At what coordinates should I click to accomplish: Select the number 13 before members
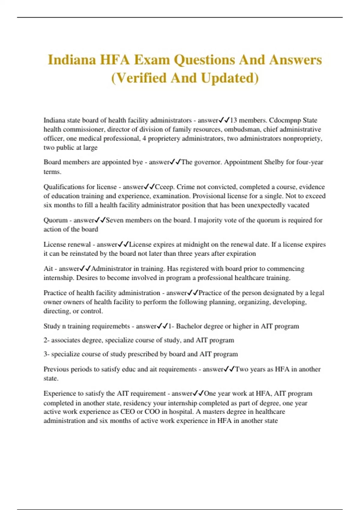click(x=233, y=120)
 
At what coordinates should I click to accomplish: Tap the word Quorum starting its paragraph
click(x=55, y=220)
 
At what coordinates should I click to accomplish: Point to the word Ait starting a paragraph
click(x=48, y=268)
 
